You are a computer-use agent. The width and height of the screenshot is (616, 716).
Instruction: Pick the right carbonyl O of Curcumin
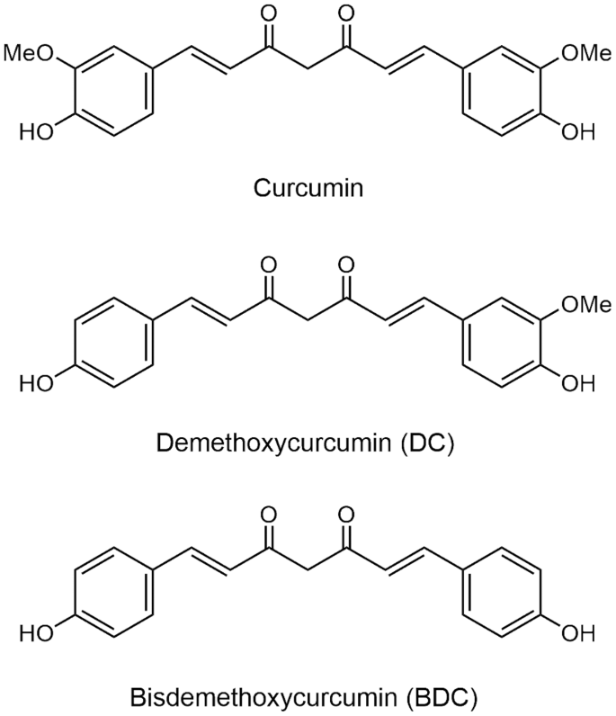click(348, 16)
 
